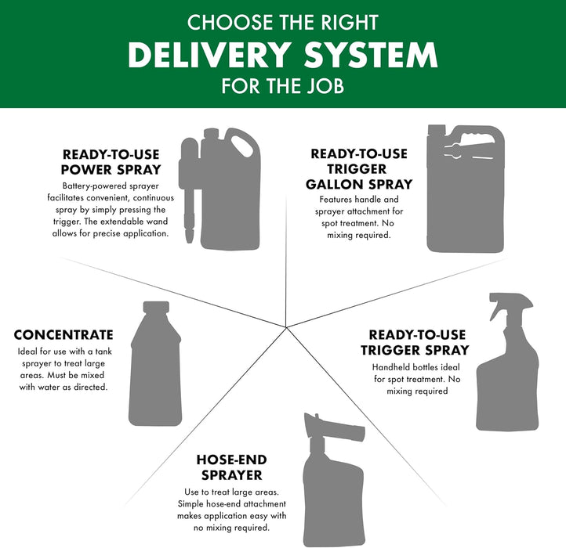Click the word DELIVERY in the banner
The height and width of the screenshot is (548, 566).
pos(209,55)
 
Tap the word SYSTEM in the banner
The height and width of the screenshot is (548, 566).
pos(371,55)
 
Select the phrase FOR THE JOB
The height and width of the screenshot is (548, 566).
pos(283,86)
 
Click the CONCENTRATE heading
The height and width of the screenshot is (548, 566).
pos(63,335)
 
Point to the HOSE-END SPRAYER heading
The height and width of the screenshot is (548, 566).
pos(232,467)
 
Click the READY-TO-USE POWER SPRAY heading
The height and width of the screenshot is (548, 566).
pos(111,162)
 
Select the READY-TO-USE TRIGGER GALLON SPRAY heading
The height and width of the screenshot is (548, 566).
pos(359,169)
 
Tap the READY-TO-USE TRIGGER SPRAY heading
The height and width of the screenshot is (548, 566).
pos(415,343)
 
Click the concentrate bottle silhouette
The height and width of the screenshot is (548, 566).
pos(155,363)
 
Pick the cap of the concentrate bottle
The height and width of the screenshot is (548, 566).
pos(156,307)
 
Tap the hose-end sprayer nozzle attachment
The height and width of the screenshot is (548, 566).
pos(334,429)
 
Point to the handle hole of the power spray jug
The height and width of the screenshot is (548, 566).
pos(242,146)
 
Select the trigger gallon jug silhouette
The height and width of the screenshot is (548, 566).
pos(466,189)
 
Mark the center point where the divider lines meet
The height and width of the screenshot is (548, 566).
pos(286,327)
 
